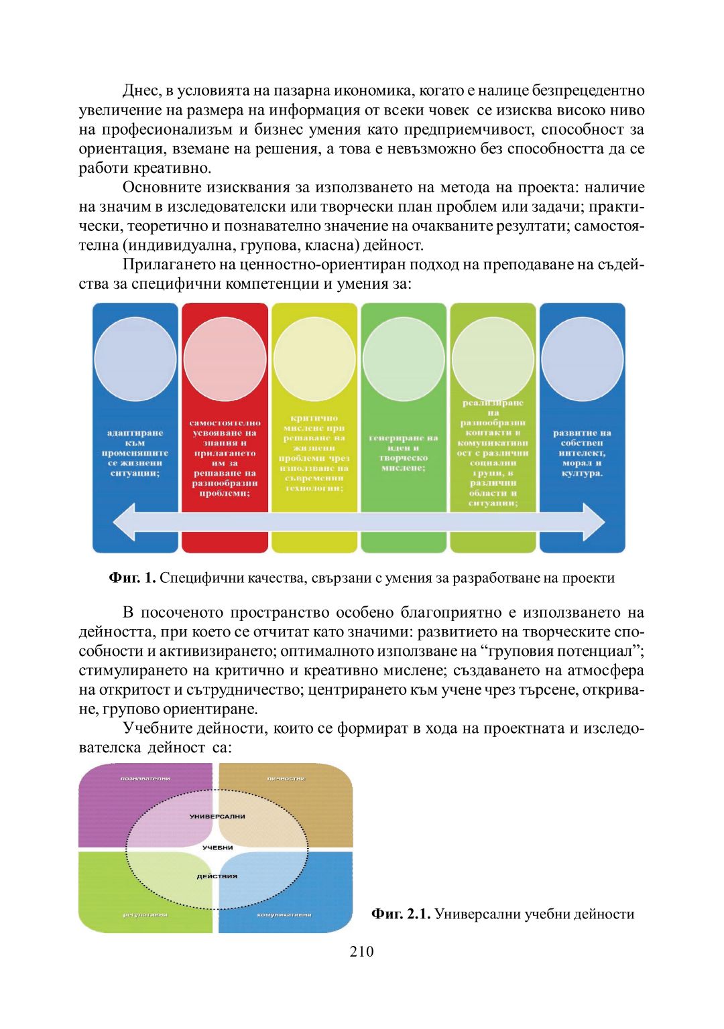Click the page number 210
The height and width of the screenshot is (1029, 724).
click(361, 951)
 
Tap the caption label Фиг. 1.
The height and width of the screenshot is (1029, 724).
click(132, 578)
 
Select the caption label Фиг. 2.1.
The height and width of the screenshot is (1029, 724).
click(400, 914)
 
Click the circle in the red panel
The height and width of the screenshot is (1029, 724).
click(225, 360)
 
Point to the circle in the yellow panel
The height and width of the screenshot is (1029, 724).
click(314, 360)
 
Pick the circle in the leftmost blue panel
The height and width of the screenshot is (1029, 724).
click(135, 360)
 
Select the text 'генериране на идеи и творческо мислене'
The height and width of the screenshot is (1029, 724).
click(404, 453)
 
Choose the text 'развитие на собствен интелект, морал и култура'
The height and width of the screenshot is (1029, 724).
click(582, 453)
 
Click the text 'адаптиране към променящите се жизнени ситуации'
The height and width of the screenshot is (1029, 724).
click(135, 453)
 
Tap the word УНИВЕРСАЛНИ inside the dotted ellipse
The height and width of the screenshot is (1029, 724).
click(217, 817)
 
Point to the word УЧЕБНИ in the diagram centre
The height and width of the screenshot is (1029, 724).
click(217, 847)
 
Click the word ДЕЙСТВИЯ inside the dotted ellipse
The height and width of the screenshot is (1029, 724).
click(217, 876)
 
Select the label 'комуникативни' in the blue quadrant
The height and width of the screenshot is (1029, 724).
click(284, 914)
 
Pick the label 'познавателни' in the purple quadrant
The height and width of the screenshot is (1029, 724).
click(145, 778)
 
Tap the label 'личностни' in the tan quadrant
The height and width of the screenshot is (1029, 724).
click(286, 778)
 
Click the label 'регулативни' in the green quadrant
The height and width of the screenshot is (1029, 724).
click(145, 914)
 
